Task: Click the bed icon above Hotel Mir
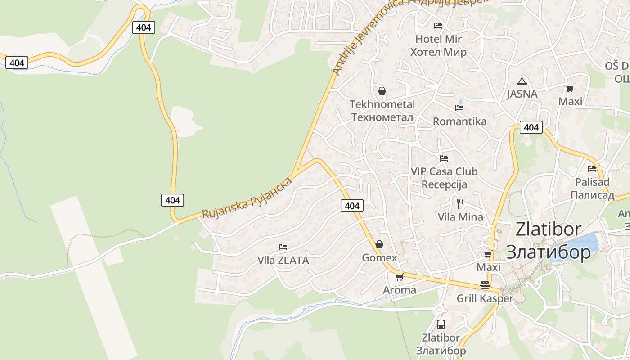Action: (x=438, y=25)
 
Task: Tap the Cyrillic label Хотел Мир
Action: (x=438, y=52)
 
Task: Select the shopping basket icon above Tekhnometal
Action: (x=382, y=91)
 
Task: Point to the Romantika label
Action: (x=459, y=121)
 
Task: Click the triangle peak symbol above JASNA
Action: (x=522, y=81)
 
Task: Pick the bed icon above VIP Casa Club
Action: (x=444, y=158)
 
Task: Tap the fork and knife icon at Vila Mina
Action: (x=460, y=204)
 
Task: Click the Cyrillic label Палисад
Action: (x=592, y=195)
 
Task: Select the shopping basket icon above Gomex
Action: (x=379, y=244)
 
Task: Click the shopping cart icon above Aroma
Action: (x=399, y=277)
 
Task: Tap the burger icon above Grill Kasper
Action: (x=485, y=285)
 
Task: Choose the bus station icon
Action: (x=441, y=324)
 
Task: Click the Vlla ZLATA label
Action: (x=283, y=260)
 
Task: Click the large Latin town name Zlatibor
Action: (x=548, y=229)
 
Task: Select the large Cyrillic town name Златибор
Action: (x=548, y=252)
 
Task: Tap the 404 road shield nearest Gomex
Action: (x=352, y=206)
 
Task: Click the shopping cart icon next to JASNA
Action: (x=570, y=89)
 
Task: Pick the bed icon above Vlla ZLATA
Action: (x=283, y=247)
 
